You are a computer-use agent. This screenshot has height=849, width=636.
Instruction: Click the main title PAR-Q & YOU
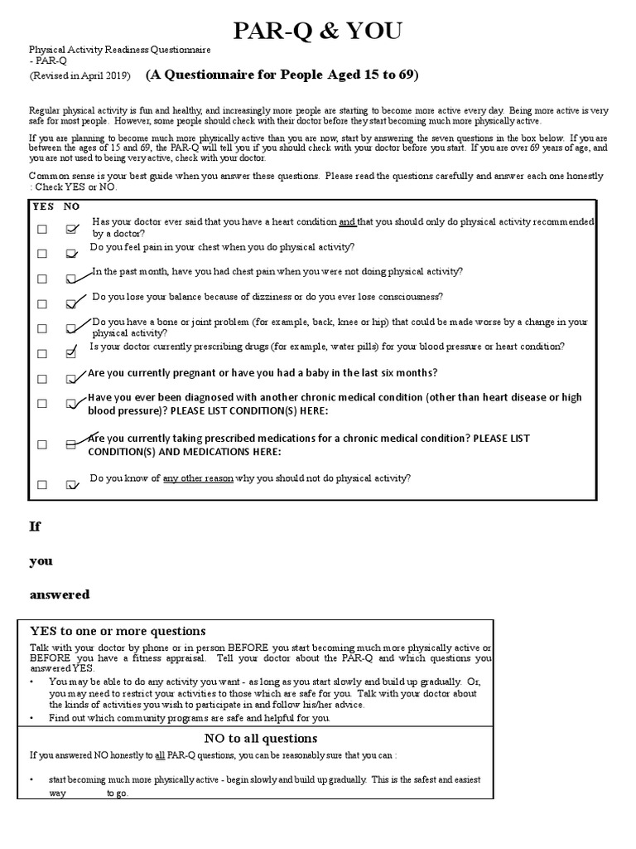[318, 32]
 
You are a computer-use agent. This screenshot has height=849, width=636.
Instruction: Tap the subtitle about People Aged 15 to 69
[282, 75]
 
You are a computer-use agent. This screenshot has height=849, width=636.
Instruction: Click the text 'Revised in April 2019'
[79, 76]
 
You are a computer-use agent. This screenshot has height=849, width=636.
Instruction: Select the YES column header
[42, 206]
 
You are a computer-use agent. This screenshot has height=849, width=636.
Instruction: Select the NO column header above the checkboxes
[72, 206]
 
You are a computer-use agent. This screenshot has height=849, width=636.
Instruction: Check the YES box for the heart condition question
[42, 230]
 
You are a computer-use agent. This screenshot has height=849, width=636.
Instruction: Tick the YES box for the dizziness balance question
[42, 304]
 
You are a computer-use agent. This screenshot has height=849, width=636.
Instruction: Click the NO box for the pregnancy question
[72, 380]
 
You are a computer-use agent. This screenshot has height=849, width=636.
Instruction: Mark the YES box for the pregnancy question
[42, 380]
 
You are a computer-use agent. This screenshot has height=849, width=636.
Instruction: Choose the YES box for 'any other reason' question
[42, 486]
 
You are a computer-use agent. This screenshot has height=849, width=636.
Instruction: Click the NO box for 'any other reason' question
[72, 486]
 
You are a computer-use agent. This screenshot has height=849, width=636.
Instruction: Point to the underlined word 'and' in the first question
[347, 222]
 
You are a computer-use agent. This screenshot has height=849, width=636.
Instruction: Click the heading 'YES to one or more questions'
[118, 631]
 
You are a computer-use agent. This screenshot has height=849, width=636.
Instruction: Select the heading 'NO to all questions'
[261, 738]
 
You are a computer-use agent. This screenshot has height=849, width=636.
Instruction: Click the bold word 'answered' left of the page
[60, 594]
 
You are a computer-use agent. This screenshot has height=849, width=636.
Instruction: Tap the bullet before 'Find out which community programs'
[31, 717]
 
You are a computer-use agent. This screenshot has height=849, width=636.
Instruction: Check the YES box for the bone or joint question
[42, 329]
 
